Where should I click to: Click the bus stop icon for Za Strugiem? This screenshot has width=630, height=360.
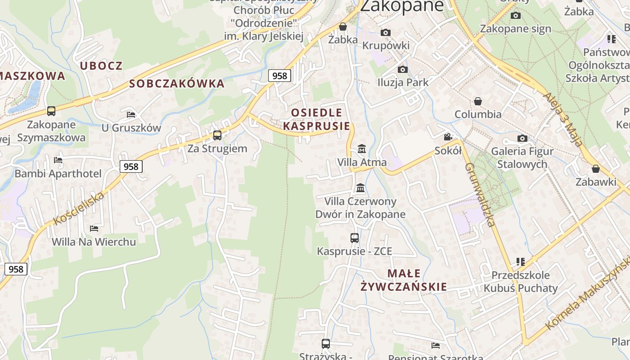click(x=217, y=135)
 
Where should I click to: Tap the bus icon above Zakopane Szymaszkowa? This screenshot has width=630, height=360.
click(x=51, y=111)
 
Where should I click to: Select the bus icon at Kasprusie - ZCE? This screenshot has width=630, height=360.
click(x=355, y=238)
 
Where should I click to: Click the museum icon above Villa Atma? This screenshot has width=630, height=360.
click(x=361, y=148)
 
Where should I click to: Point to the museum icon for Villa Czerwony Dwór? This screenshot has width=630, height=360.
click(x=360, y=188)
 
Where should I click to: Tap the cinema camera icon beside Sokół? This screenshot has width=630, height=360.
click(x=448, y=137)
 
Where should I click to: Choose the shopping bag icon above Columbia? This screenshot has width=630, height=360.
click(x=478, y=101)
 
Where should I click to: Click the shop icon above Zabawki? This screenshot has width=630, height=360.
click(x=596, y=169)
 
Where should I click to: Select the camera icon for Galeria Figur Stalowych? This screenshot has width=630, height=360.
click(x=522, y=138)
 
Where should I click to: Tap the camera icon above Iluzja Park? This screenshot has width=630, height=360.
click(x=403, y=69)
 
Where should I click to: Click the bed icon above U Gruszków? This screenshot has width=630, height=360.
click(x=131, y=114)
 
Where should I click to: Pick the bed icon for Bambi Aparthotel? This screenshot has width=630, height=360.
click(x=58, y=160)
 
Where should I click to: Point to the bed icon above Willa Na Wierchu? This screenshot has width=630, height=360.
click(x=94, y=228)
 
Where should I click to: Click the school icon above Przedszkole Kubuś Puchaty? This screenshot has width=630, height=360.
click(x=521, y=261)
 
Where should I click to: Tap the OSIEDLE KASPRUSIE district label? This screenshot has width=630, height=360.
click(x=316, y=119)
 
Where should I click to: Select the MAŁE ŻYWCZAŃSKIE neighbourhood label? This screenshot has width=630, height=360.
click(x=404, y=280)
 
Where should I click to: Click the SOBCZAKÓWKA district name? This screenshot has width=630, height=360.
click(x=177, y=84)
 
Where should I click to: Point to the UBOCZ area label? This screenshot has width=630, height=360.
click(x=101, y=66)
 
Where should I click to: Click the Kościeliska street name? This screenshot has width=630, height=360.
click(x=79, y=208)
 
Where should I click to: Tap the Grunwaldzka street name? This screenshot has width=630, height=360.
click(x=480, y=194)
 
